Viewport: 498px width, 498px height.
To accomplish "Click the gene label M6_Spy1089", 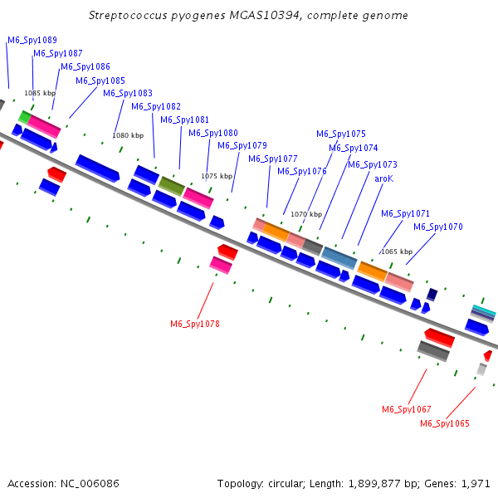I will [32, 40].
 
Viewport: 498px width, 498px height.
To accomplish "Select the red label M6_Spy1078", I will [195, 324].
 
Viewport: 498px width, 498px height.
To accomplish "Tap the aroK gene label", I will [383, 178].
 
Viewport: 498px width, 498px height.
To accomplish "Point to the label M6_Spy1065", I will [444, 423].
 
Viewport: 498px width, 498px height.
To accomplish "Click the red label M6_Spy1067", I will [406, 409].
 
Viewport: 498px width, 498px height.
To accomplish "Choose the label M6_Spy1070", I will [438, 227].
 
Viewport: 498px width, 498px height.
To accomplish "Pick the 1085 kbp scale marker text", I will [40, 93].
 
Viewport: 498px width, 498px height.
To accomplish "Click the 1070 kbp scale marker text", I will [305, 214].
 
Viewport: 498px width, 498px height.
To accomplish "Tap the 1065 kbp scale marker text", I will [396, 251].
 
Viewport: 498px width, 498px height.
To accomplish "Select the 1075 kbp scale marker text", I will [217, 176].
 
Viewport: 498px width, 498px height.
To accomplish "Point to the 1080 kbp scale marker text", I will [128, 134].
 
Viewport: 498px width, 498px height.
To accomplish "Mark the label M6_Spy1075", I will [341, 134].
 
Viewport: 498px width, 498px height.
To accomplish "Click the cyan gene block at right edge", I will [484, 310].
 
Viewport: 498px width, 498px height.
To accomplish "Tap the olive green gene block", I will [172, 186].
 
